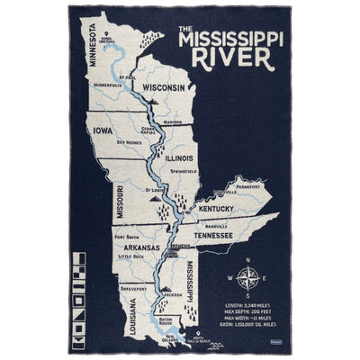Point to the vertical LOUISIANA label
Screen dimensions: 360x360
pyautogui.click(x=113, y=304)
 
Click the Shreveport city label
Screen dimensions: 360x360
pyautogui.click(x=134, y=289)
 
